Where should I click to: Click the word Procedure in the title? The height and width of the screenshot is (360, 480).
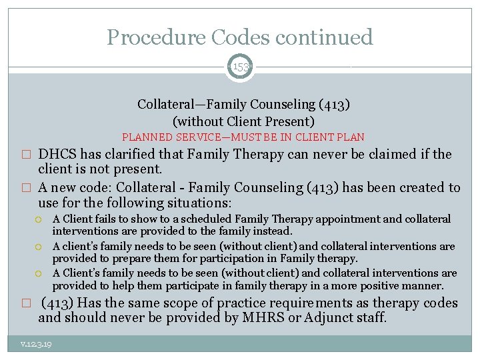(147, 37)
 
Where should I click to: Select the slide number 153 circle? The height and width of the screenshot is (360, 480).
(240, 66)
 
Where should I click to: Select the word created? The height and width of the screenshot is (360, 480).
(423, 187)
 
